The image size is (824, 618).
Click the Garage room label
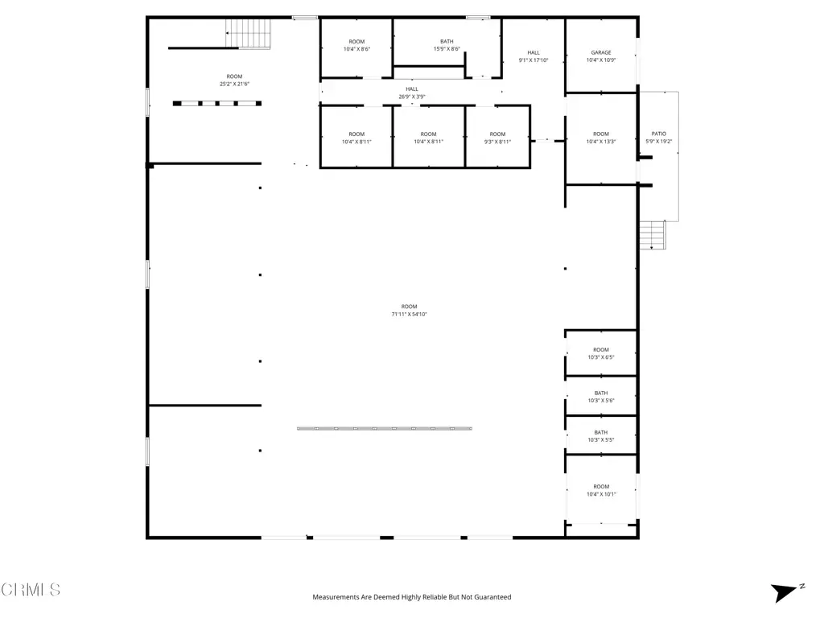coord(600,56)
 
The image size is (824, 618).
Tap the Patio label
coord(658,138)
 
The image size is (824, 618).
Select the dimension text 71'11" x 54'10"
coord(409,315)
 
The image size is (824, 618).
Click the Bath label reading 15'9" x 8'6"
coord(447,45)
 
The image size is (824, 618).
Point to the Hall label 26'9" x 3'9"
coord(411,93)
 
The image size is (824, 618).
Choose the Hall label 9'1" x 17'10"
coord(534,56)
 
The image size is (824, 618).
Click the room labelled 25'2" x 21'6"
coord(234,80)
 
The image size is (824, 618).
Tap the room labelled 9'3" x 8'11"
coord(497,138)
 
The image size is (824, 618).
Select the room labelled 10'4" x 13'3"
coord(600,138)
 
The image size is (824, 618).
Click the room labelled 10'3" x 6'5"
coord(600,353)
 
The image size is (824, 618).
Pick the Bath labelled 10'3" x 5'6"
coord(600,397)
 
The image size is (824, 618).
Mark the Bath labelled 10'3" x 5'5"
coord(600,436)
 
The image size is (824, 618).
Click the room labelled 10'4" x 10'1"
coord(601,490)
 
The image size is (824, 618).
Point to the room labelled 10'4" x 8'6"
coord(356,45)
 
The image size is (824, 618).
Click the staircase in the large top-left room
coord(248,34)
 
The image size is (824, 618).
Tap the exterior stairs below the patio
coord(653,234)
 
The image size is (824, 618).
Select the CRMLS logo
coord(31,590)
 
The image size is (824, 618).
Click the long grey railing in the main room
coord(384,428)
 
